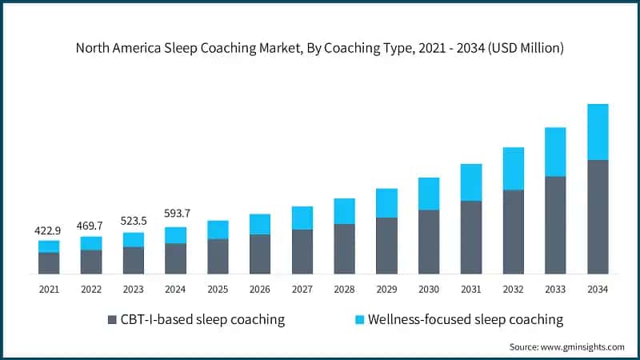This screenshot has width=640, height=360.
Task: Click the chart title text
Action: [x=320, y=48]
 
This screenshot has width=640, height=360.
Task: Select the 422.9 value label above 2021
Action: [x=49, y=230]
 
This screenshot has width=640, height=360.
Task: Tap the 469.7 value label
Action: [x=91, y=226]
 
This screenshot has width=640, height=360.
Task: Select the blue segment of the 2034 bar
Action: [x=598, y=132]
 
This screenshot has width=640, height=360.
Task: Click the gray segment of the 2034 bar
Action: [x=598, y=217]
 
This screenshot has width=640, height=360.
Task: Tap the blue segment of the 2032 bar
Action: [x=514, y=168]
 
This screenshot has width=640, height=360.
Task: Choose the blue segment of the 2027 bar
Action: [x=302, y=218]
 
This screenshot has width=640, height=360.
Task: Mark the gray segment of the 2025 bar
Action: [x=218, y=256]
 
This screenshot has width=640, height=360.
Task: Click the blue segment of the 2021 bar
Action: [x=49, y=246]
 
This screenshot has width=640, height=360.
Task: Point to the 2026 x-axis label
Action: [x=260, y=289]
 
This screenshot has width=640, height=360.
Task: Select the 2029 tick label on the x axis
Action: [x=386, y=289]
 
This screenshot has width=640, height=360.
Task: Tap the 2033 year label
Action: [x=555, y=289]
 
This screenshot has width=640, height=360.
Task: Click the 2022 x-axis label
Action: [x=91, y=289]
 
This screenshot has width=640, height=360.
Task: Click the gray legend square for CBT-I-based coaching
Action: [x=112, y=320]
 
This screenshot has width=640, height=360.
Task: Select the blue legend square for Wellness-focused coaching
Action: [x=360, y=320]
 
